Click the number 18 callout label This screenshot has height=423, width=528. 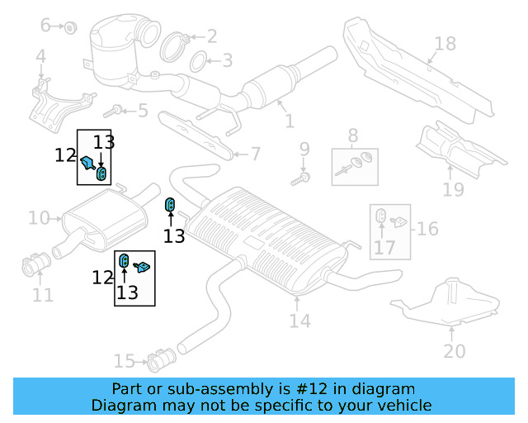(445, 43)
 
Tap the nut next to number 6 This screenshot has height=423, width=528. (71, 27)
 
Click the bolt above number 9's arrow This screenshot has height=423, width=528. (304, 177)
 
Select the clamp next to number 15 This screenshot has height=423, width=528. (158, 360)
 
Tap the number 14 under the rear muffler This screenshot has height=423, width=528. (299, 320)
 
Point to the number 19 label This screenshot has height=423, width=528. (453, 191)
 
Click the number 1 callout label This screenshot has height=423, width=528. (289, 121)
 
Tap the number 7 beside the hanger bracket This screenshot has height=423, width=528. (255, 154)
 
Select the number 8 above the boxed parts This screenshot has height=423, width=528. (352, 135)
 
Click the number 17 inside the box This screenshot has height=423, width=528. (384, 247)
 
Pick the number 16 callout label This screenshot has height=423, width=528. (426, 228)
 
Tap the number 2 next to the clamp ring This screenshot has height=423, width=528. (211, 36)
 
